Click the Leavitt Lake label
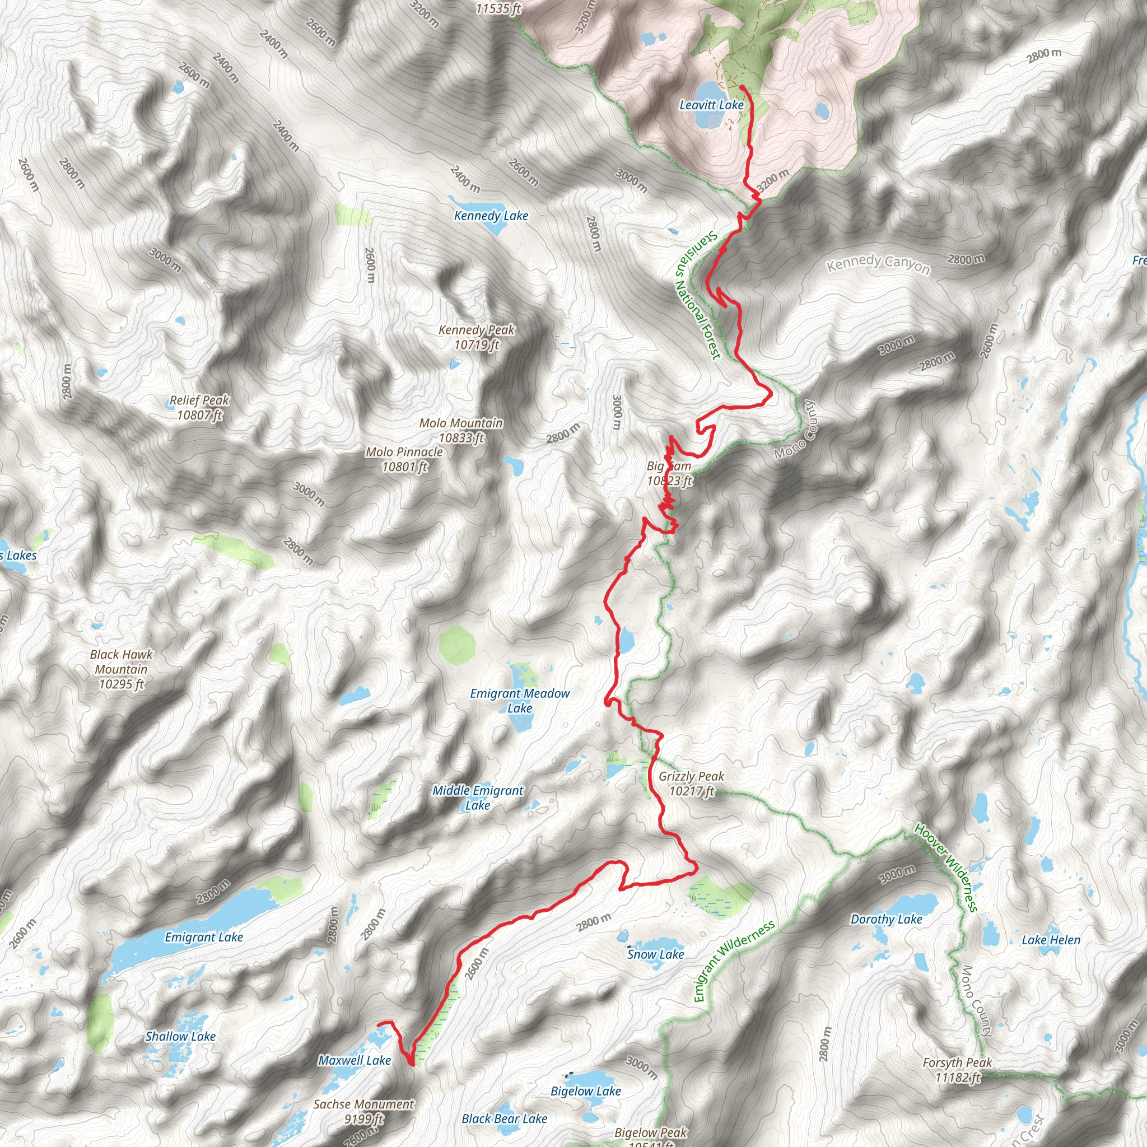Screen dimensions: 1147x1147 [x=711, y=105]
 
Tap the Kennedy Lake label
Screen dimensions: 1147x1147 [x=491, y=216]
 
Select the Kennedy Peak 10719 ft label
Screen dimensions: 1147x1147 [x=477, y=337]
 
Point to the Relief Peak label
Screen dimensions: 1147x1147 [x=199, y=407]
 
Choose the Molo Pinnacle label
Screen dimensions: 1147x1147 [x=404, y=459]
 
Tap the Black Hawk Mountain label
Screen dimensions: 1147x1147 [x=121, y=669]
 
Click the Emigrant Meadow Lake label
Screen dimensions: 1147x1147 [x=520, y=701]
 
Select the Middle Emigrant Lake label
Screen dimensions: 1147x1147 [x=478, y=798]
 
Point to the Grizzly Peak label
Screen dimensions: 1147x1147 [x=692, y=784]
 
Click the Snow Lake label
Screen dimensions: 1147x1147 [x=655, y=954]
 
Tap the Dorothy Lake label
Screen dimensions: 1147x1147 [x=887, y=919]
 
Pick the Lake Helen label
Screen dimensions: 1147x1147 [x=1051, y=940]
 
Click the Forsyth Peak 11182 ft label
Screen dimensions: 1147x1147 [x=958, y=1070]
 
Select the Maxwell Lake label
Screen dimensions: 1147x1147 [x=355, y=1060]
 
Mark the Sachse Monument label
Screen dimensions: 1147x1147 [x=363, y=1111]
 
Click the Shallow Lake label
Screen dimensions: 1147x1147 [x=180, y=1036]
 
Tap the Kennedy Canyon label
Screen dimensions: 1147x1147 [x=879, y=264]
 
